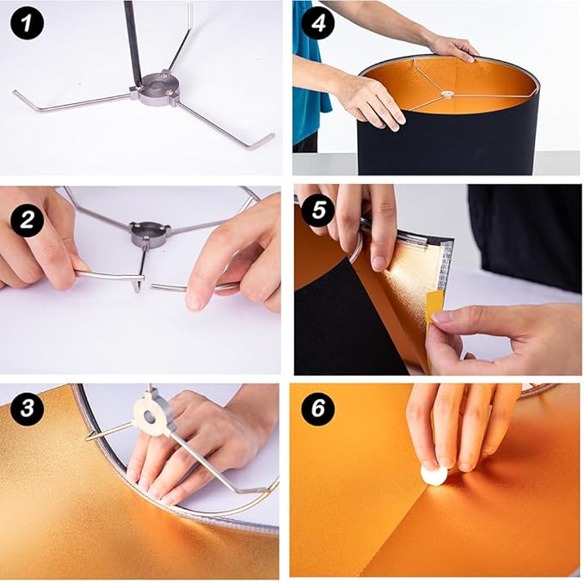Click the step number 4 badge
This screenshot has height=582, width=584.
(x=317, y=23)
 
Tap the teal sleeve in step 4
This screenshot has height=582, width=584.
(x=310, y=86)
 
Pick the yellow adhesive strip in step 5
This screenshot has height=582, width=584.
(x=435, y=306)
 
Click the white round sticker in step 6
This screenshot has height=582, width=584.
(x=433, y=474)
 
